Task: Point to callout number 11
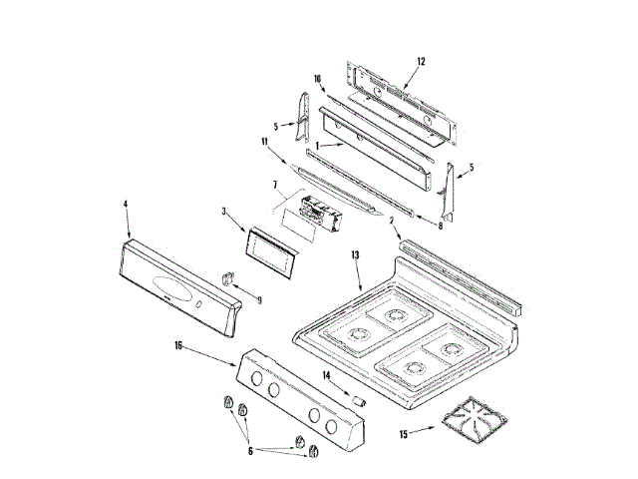(266, 142)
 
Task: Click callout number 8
(441, 227)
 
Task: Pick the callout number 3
(225, 212)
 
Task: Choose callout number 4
(127, 205)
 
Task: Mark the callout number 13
(355, 255)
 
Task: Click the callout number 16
(178, 345)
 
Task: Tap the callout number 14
(327, 375)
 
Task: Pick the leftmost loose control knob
(226, 401)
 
